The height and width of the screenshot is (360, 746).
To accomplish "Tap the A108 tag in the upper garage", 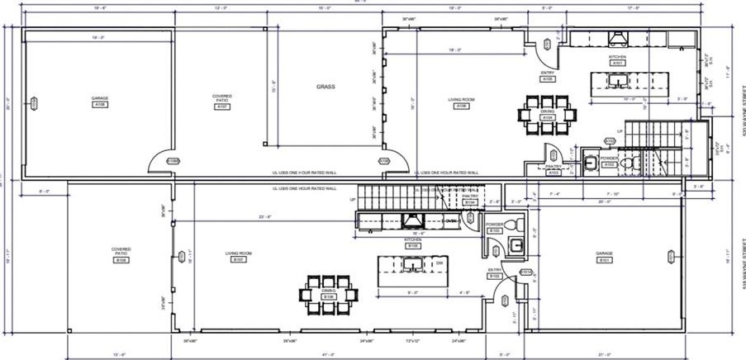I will (100, 106).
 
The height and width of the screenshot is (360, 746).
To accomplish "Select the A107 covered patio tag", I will (222, 107).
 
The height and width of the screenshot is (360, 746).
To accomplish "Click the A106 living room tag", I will (459, 107).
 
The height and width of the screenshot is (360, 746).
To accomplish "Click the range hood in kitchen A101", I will (617, 38).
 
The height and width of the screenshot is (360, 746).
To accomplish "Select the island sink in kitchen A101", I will (618, 81).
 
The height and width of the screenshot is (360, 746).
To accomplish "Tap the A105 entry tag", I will (548, 79).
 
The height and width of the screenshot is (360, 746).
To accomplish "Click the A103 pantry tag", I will (554, 173).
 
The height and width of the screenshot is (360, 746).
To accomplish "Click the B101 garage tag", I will (604, 261).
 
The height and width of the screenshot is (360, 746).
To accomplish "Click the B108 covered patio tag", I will (121, 261).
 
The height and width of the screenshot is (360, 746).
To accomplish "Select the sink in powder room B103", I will (518, 245).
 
